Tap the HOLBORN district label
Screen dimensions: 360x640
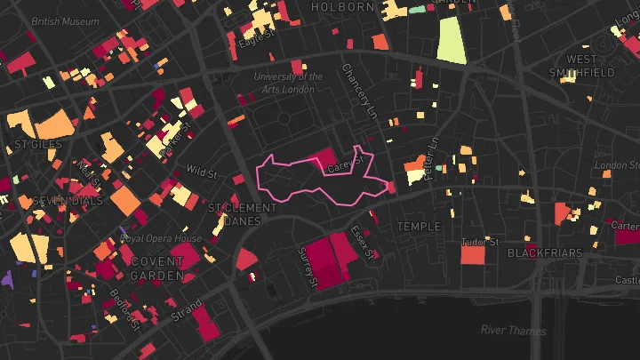[342, 7]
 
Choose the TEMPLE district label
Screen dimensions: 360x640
[419, 227]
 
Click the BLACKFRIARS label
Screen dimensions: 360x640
[545, 253]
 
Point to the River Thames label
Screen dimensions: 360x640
[513, 331]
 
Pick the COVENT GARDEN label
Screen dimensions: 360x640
[157, 268]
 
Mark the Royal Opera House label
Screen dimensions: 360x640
[162, 239]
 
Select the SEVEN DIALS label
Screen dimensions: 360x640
[55, 201]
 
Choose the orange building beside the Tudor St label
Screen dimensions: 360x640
[473, 255]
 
